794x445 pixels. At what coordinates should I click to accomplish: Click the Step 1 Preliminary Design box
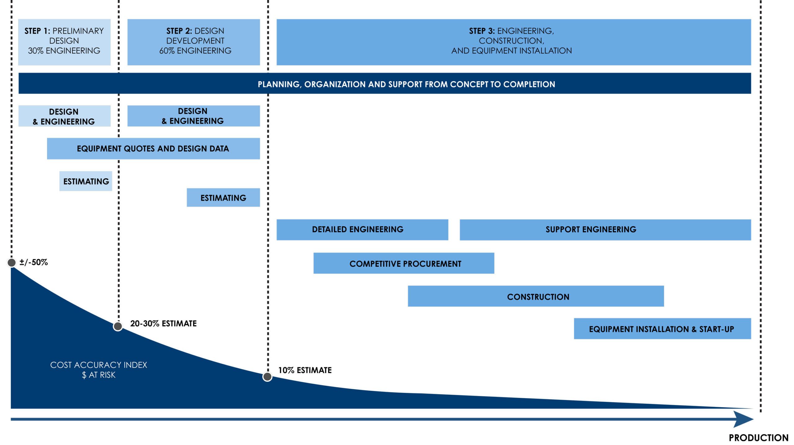[64, 42]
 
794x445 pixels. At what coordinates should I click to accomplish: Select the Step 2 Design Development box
[194, 42]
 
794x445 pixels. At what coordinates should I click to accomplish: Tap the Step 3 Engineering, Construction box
[514, 42]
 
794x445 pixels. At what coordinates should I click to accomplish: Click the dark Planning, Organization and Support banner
[385, 83]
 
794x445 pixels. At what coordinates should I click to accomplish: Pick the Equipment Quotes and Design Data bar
[153, 149]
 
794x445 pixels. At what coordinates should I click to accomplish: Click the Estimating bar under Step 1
[86, 181]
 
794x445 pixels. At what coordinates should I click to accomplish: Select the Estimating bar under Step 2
[223, 198]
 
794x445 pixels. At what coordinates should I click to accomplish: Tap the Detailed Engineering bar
[362, 230]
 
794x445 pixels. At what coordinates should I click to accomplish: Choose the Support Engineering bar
[605, 230]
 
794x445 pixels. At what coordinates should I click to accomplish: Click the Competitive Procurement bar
[404, 263]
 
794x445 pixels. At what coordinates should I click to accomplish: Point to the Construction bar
[536, 296]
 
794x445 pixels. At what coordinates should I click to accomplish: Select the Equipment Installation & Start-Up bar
[662, 329]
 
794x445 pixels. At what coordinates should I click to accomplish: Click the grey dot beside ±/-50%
[11, 263]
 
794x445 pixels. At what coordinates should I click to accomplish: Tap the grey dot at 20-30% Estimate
[118, 326]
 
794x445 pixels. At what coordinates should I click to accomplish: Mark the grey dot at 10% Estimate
[267, 377]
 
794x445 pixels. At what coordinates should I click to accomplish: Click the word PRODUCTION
[759, 438]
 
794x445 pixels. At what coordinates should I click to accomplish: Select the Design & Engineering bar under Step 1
[64, 116]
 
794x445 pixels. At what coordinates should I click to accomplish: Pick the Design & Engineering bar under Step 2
[194, 116]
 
